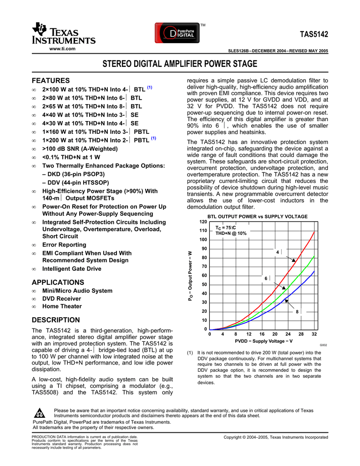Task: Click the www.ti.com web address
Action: tap(62, 49)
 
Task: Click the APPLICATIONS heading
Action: tap(57, 282)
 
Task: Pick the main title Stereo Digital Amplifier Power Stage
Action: tap(179, 64)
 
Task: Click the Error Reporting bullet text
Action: tap(65, 245)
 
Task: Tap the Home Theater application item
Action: tap(62, 306)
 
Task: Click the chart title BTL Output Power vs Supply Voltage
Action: tap(258, 217)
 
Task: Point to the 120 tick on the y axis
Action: tap(203, 222)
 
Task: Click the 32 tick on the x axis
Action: tap(314, 334)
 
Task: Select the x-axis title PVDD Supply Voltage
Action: tap(264, 341)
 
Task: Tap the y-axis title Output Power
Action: tap(191, 275)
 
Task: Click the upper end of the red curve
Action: tap(314, 232)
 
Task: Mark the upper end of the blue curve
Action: tap(314, 271)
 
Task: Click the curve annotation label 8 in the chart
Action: tap(297, 311)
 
